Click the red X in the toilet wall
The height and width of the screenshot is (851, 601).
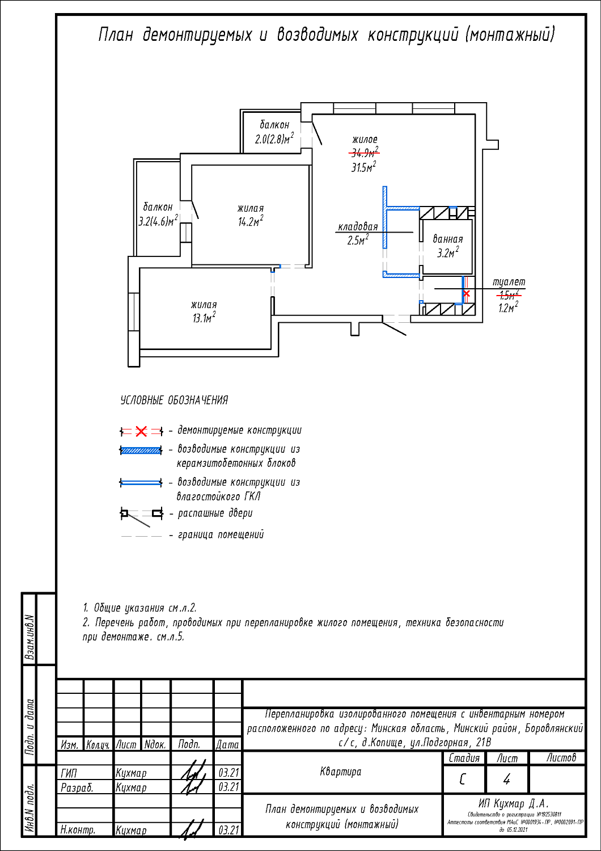click(x=467, y=294)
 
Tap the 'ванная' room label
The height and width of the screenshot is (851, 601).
click(x=447, y=239)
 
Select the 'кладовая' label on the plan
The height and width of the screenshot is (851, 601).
click(x=358, y=227)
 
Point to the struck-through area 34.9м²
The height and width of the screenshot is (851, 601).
click(x=364, y=153)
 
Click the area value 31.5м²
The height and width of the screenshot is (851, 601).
click(x=363, y=167)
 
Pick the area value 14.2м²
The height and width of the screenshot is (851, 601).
click(x=250, y=222)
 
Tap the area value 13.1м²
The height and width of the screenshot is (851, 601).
click(x=204, y=318)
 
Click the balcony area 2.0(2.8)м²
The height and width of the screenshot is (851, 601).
click(x=274, y=139)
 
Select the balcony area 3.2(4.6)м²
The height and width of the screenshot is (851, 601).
click(x=158, y=221)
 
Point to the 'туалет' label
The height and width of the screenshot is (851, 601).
click(x=509, y=282)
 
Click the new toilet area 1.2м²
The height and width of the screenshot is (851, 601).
click(x=508, y=308)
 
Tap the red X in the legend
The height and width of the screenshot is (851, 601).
click(x=141, y=432)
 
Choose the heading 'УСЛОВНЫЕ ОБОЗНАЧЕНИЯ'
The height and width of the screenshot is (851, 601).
click(x=174, y=401)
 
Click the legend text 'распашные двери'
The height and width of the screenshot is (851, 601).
click(x=215, y=513)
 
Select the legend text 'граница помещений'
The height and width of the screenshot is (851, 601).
click(x=221, y=534)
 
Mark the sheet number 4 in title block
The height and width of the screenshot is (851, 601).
click(x=506, y=780)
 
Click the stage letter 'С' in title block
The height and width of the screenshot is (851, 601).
click(x=463, y=780)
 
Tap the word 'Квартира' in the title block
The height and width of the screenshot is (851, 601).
click(x=341, y=772)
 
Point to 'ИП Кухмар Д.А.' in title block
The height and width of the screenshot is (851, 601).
click(x=513, y=803)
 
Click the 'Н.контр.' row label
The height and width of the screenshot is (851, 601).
click(x=78, y=830)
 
